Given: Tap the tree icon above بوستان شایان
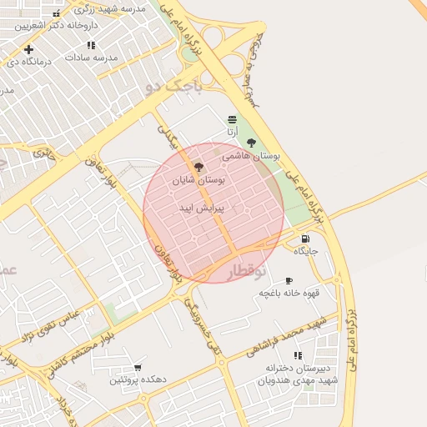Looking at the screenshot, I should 198,167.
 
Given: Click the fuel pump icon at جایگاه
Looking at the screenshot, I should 304,239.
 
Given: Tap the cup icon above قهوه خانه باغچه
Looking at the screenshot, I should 289,281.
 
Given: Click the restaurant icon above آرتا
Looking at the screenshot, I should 231,119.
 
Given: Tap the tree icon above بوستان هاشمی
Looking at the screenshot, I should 252,143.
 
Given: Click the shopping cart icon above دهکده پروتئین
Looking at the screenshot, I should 138,367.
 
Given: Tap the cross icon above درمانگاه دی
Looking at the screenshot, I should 28,49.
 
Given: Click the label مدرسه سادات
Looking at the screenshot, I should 93,58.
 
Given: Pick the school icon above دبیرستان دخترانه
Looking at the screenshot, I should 298,355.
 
